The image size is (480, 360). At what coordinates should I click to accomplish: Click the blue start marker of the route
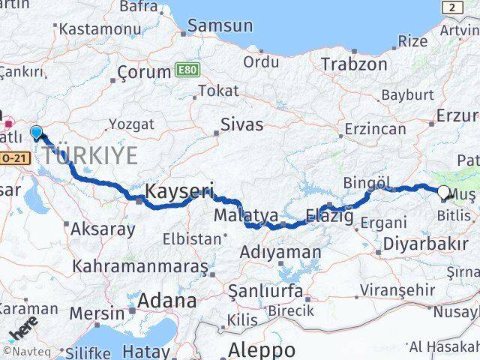point(36,133)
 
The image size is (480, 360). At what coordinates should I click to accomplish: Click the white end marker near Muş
point(443,192)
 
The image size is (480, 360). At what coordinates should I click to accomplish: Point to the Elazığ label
point(329,217)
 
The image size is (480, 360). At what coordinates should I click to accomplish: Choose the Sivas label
point(242,124)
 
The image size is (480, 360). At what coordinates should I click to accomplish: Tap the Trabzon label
point(354,64)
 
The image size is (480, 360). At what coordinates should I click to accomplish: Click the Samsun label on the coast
point(220,25)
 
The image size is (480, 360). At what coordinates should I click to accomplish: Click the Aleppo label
point(261,349)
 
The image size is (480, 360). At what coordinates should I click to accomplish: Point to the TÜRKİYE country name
point(89,156)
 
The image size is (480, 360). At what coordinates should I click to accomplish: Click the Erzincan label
point(375,129)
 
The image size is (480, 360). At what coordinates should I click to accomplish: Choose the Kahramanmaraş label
point(140,267)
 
